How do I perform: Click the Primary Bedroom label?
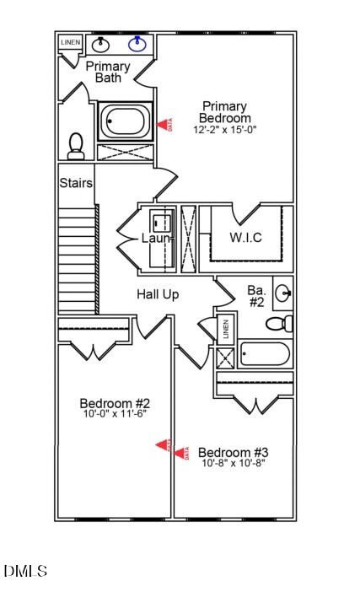[223, 112]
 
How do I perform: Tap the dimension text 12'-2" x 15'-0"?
[223, 130]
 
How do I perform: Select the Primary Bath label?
[108, 73]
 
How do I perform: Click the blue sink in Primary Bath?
[137, 43]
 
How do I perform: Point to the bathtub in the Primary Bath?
[125, 121]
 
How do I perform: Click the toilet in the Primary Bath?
[76, 146]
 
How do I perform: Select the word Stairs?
[76, 182]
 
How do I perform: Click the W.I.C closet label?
[245, 237]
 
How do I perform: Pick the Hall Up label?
[159, 294]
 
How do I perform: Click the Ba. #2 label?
[256, 296]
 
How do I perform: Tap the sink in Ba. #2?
[284, 293]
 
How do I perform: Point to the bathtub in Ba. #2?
[265, 354]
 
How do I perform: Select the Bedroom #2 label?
[115, 403]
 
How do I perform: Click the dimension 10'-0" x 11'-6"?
[115, 415]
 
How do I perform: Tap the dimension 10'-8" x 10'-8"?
[233, 464]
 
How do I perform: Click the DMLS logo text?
[25, 572]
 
